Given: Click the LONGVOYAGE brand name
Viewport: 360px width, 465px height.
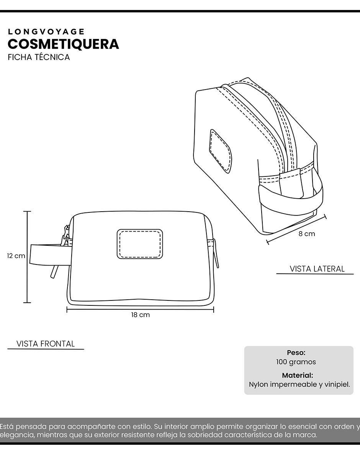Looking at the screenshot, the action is (46, 32).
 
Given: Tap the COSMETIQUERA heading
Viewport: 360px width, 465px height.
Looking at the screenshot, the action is (63, 44).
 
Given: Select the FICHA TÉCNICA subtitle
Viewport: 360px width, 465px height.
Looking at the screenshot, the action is (39, 57).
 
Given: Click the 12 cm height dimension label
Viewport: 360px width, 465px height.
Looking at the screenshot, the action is (16, 256).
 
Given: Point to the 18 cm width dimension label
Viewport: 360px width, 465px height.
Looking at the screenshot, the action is (141, 315).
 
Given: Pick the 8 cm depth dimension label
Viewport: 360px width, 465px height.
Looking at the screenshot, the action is (307, 234).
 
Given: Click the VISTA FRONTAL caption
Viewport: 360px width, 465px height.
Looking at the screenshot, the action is (46, 344).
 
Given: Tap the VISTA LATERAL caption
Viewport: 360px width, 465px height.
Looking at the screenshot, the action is (317, 269).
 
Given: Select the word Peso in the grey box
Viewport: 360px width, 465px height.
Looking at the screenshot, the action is (296, 352).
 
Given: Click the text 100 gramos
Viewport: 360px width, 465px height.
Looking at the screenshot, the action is (296, 362).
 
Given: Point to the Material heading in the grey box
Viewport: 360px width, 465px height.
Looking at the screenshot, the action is (298, 375).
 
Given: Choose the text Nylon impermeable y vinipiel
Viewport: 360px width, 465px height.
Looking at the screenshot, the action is (299, 385).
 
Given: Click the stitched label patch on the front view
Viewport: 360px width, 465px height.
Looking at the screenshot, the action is (140, 244).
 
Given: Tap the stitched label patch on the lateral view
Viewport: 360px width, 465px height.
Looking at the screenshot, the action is (221, 151).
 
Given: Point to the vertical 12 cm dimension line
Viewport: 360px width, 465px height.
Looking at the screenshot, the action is (27, 257).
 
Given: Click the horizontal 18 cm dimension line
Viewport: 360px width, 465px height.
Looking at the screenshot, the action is (140, 310).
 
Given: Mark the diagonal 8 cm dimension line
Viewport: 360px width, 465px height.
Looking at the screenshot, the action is (296, 229).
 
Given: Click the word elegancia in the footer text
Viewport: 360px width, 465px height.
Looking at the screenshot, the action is (17, 435).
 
